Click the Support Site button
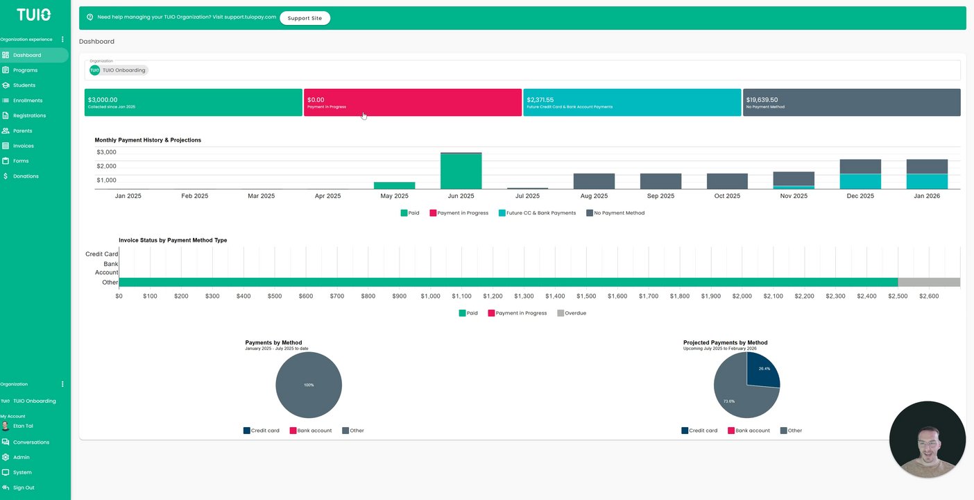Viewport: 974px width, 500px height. point(305,18)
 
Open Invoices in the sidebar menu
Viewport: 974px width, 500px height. point(23,146)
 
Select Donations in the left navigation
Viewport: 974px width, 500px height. point(26,176)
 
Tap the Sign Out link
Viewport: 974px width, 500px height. point(23,487)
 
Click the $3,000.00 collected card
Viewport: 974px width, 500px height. point(193,102)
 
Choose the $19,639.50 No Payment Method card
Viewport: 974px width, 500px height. point(851,102)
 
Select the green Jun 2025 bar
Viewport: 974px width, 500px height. point(461,170)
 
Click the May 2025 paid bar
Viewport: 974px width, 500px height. point(394,185)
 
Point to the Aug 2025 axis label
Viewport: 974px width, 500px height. point(594,197)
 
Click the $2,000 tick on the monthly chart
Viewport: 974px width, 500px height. point(106,167)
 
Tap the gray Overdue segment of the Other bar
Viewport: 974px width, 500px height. point(929,282)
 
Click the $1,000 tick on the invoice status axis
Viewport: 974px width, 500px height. point(430,297)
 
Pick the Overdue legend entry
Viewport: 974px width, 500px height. point(572,313)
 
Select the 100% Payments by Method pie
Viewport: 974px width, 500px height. point(309,385)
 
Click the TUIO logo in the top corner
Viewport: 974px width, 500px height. point(33,15)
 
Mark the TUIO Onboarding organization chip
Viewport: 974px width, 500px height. point(119,70)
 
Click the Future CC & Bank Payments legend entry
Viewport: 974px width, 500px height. point(537,213)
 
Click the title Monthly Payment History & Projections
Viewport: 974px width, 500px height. point(148,140)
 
